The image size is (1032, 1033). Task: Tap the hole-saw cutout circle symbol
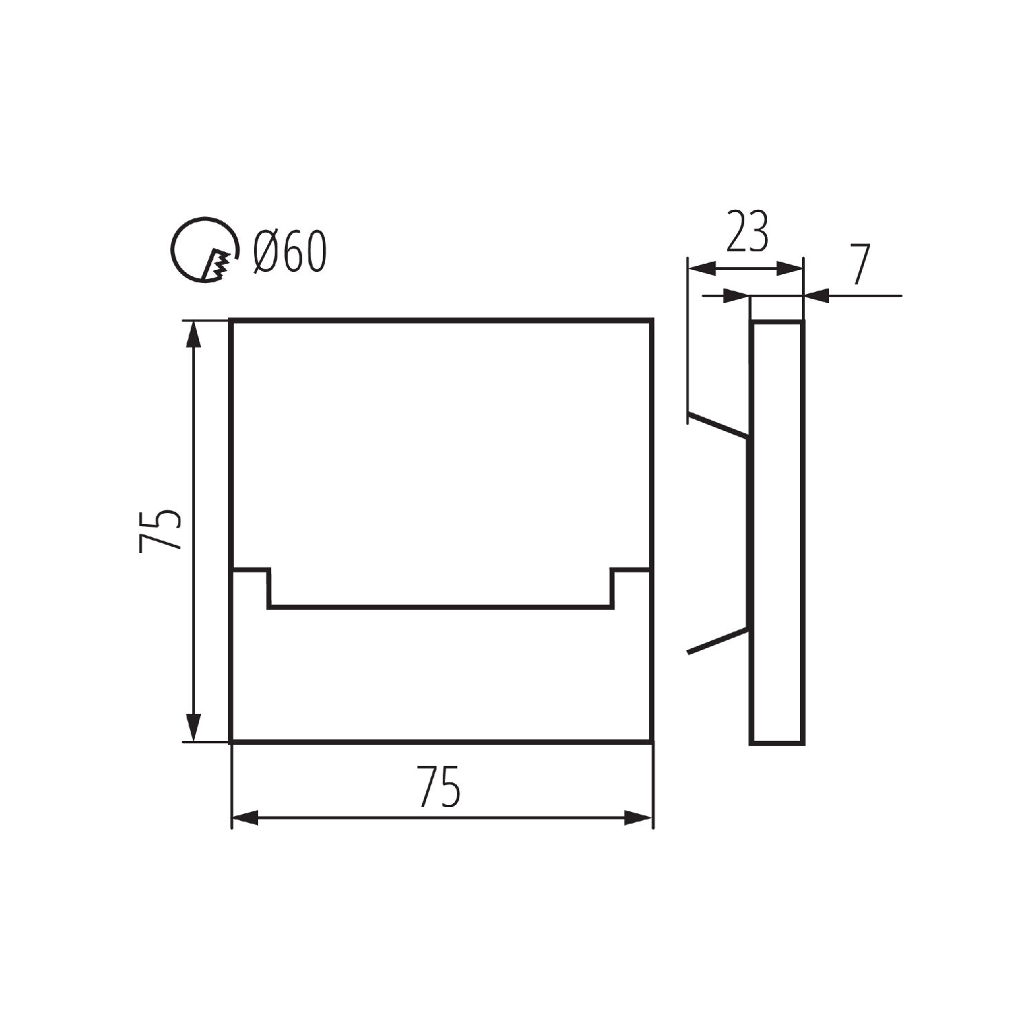(x=172, y=250)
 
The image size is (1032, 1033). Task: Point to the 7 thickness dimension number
(x=861, y=264)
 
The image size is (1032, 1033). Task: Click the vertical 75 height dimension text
(x=160, y=531)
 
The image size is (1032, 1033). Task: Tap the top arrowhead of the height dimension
(x=194, y=335)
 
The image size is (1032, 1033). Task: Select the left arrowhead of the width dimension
(x=246, y=818)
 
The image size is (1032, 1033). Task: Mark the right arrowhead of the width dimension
(x=638, y=818)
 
